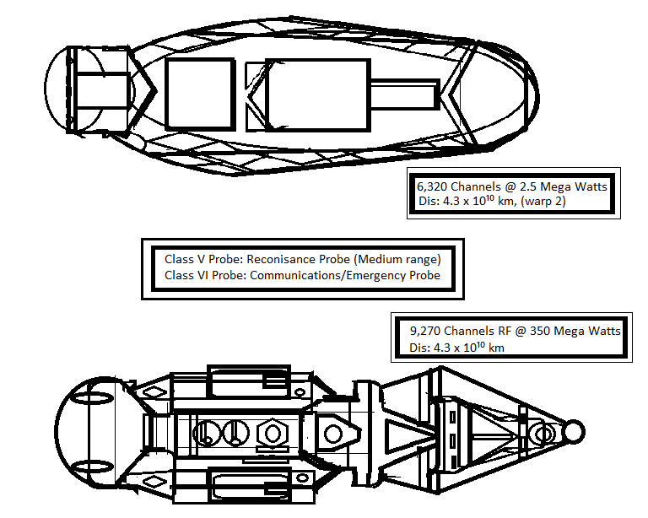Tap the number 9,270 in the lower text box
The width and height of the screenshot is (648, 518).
[x=427, y=332]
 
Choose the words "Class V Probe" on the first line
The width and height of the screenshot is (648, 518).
[x=199, y=259]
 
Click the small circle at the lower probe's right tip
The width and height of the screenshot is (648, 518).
[x=574, y=432]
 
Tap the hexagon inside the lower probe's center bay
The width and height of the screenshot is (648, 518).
[x=272, y=434]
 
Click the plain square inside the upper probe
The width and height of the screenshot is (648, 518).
[x=199, y=94]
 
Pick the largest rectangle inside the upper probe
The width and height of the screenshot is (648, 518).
[x=316, y=94]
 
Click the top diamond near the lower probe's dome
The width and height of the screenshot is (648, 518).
[x=154, y=391]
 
